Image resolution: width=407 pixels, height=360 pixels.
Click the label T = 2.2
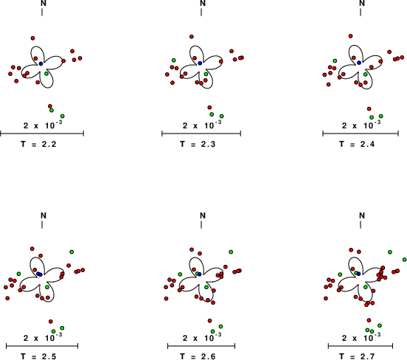38,144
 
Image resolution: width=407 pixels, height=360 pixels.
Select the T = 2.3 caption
198,144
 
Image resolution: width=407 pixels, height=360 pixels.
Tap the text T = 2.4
357,144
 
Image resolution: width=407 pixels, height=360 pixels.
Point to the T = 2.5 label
38,356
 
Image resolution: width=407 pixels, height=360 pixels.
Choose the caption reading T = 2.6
198,356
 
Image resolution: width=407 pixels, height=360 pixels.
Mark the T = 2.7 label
357,356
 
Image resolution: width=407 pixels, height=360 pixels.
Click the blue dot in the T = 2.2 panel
41,63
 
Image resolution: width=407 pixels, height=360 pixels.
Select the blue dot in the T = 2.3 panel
200,63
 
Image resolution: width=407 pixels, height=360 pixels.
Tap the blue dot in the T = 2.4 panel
359,63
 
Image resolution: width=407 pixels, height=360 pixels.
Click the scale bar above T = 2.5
42,346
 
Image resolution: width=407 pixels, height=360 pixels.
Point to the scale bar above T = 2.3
201,134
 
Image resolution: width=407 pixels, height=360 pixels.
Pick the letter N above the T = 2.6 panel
203,215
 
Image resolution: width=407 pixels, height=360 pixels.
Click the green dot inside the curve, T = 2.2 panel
46,74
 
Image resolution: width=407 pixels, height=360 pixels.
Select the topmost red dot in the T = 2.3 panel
192,37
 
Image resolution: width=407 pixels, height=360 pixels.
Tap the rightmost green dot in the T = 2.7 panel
404,260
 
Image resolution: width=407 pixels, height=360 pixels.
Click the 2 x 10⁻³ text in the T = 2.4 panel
361,125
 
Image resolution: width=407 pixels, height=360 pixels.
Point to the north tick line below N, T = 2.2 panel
42,13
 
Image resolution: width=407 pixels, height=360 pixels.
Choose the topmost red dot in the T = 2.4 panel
351,36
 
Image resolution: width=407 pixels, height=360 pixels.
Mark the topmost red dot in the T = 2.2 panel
32,38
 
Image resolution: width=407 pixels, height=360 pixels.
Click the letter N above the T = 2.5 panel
44,215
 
